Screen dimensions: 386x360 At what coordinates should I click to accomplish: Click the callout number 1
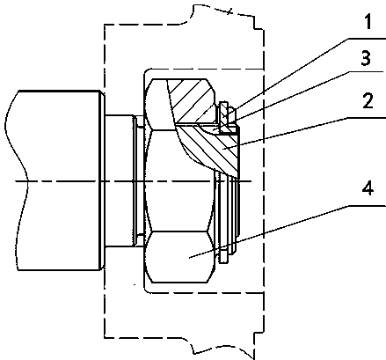click(x=368, y=23)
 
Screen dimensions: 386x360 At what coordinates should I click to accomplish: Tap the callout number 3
click(x=366, y=58)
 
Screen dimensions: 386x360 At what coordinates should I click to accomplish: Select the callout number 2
click(x=368, y=101)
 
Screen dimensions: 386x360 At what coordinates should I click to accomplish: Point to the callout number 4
click(x=368, y=188)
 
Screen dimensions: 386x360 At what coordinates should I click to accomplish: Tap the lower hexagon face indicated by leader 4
click(x=179, y=257)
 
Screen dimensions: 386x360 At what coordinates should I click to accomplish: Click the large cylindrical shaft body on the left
click(x=59, y=180)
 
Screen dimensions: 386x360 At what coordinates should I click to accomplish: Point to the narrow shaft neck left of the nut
click(x=120, y=180)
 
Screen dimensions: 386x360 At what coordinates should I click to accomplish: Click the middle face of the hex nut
click(x=179, y=180)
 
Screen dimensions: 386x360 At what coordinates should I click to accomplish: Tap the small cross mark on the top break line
click(x=229, y=11)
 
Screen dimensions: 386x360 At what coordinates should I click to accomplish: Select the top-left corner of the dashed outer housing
click(x=105, y=25)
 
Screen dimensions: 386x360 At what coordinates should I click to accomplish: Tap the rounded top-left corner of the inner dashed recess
click(x=146, y=71)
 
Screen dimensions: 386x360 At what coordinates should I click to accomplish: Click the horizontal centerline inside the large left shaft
click(x=59, y=181)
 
